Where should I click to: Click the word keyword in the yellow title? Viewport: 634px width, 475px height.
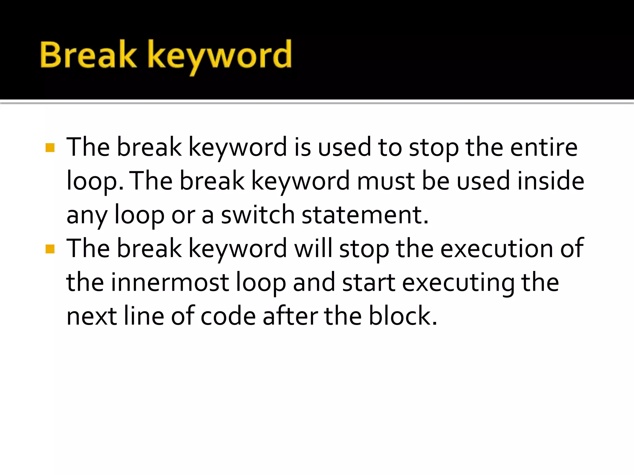tap(219, 56)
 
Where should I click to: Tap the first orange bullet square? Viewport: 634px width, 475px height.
tap(50, 148)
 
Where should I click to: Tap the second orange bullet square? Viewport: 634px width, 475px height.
tap(50, 249)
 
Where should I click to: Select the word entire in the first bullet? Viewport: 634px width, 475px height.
tap(544, 148)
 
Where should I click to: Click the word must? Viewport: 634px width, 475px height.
tap(386, 181)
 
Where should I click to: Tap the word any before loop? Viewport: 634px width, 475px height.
tap(87, 216)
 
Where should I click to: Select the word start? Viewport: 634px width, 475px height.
tap(368, 283)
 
